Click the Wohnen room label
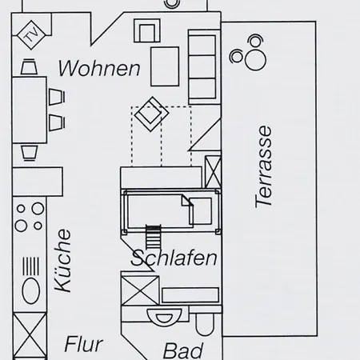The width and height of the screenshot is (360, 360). (99, 69)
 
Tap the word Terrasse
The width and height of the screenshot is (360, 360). (263, 166)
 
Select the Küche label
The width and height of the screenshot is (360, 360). (63, 260)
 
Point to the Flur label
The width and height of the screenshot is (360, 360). (84, 344)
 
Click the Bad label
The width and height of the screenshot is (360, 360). (183, 351)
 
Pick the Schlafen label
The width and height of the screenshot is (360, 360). (174, 258)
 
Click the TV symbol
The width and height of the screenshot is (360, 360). (31, 35)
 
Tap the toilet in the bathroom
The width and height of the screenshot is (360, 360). (205, 324)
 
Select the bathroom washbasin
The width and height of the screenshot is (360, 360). (163, 317)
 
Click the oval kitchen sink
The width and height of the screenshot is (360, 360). (31, 290)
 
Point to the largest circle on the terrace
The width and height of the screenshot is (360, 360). (255, 60)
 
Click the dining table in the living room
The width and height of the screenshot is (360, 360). (30, 110)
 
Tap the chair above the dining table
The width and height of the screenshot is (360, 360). (29, 66)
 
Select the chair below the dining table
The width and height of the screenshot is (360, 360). (30, 153)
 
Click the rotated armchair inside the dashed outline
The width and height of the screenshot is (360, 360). (151, 114)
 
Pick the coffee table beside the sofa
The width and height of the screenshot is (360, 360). (165, 66)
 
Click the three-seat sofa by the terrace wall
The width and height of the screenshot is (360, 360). (204, 67)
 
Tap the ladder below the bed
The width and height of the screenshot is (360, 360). (154, 237)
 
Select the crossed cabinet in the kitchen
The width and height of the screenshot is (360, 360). (30, 337)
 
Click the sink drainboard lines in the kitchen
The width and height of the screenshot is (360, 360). (31, 266)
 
